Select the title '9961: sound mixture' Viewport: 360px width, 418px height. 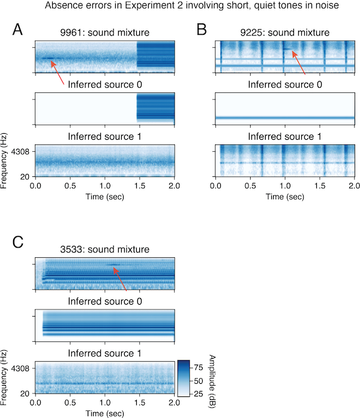pos(105,33)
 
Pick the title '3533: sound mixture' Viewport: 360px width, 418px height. pos(105,249)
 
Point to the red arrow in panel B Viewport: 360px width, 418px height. pos(299,64)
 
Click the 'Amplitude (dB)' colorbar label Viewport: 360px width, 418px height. pos(212,378)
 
